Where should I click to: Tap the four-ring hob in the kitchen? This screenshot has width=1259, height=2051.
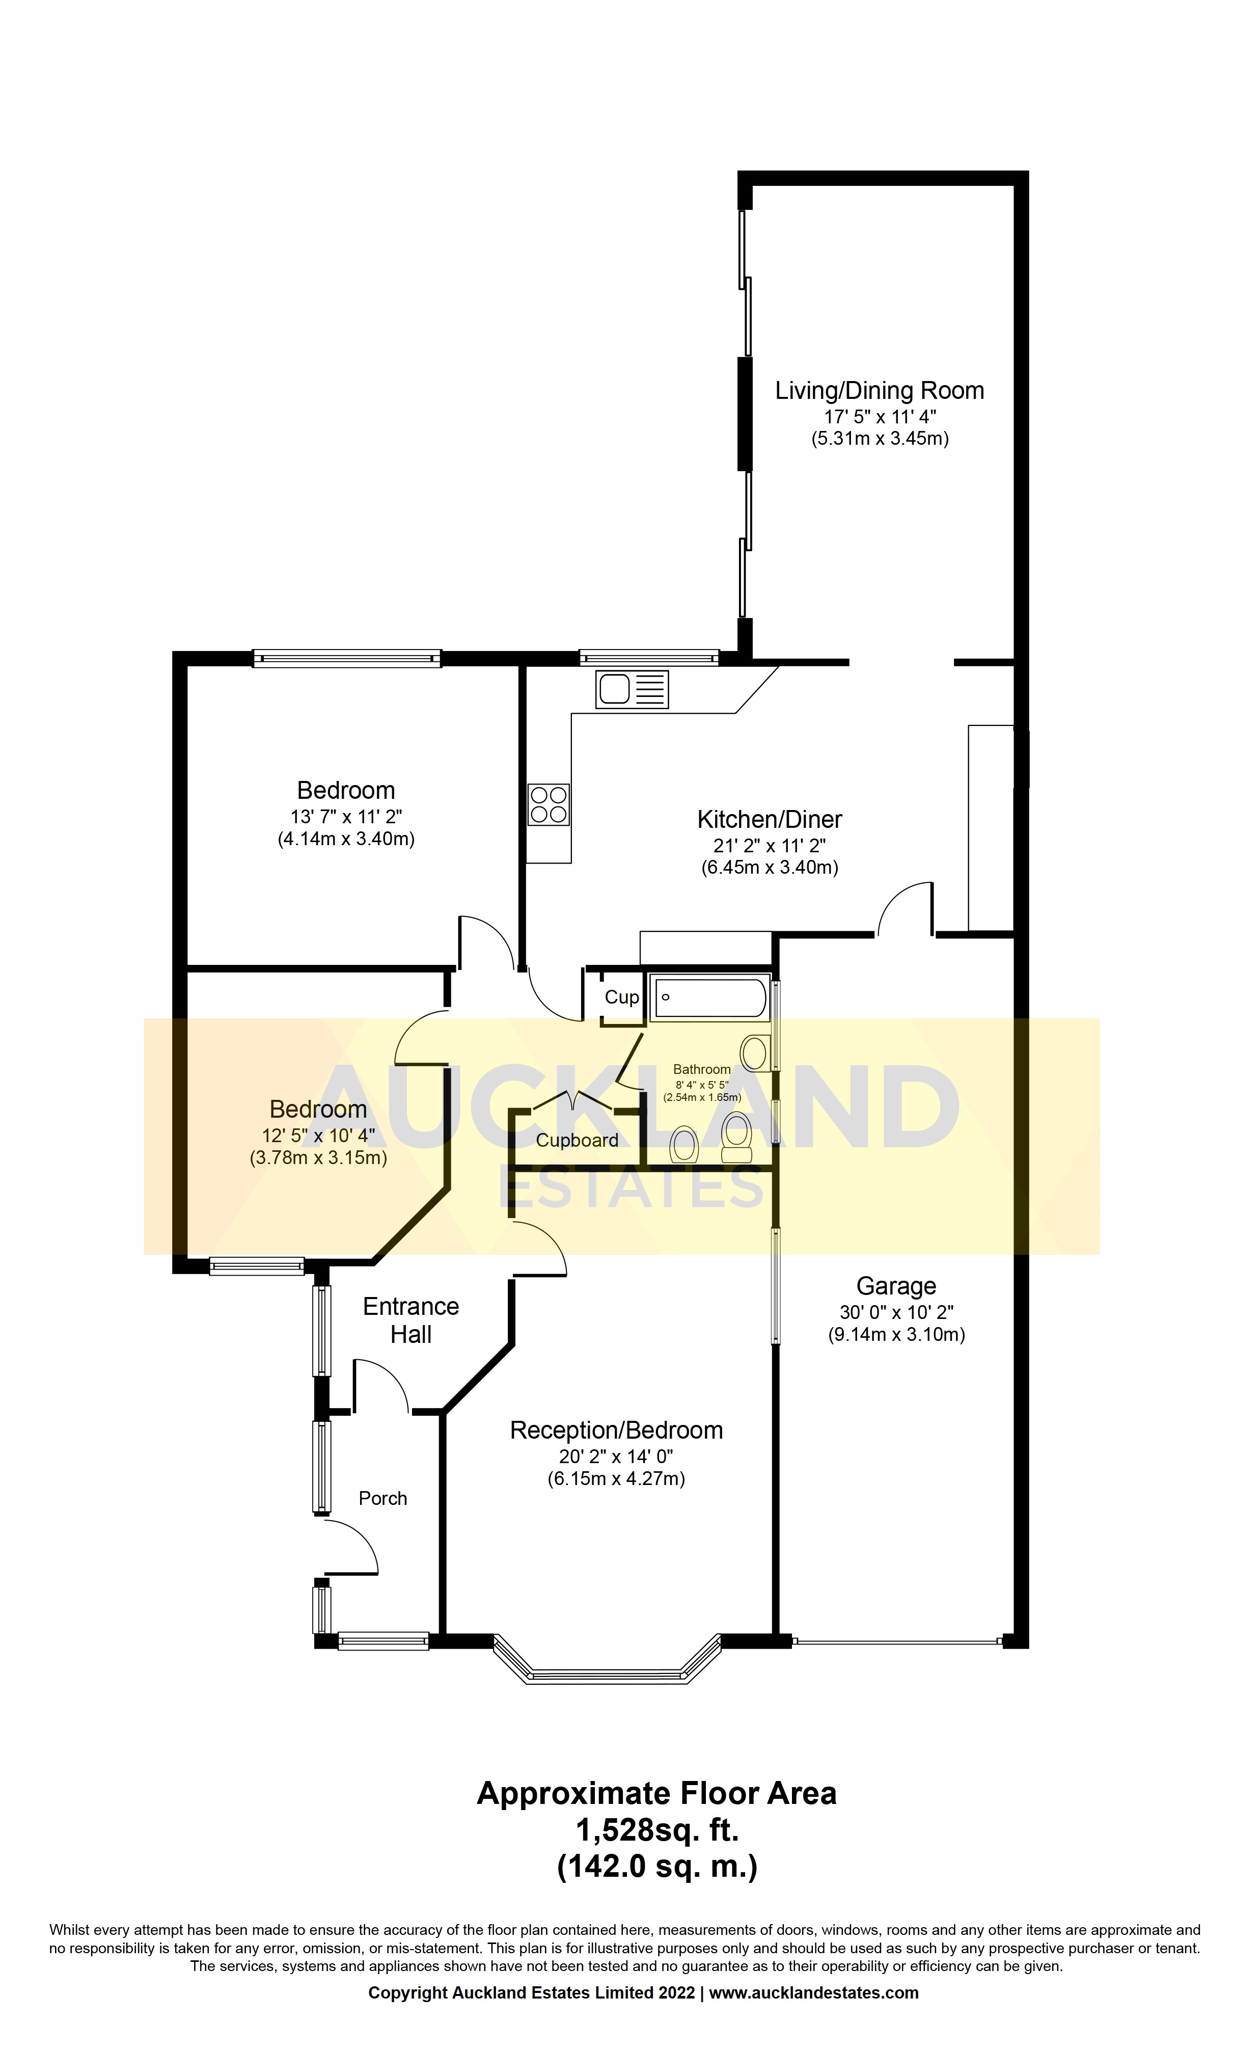pos(549,804)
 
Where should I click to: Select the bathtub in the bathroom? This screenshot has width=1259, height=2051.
pos(709,997)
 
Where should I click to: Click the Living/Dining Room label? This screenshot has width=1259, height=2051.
pos(879,391)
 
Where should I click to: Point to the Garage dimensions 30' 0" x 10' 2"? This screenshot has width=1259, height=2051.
pos(896,1311)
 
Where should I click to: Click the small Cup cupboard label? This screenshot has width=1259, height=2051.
pos(621,997)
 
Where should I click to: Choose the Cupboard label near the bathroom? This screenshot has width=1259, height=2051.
pos(577,1141)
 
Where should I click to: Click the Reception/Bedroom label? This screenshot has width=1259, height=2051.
pos(616,1431)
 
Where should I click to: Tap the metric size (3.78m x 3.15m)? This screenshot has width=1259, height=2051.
pos(318,1157)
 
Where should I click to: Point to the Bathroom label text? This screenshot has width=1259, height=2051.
pos(702,1069)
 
